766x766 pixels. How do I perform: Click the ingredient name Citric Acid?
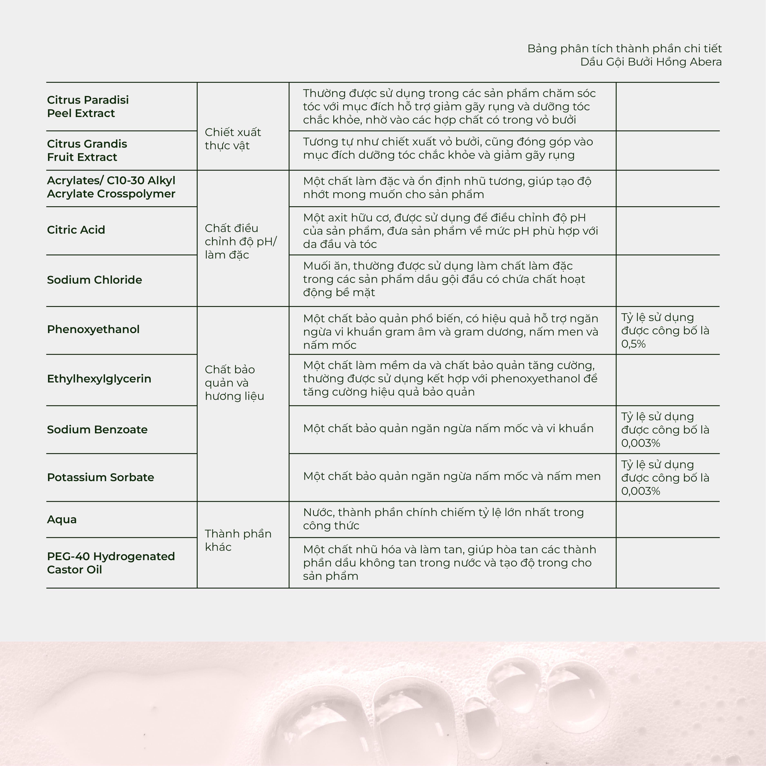point(76,230)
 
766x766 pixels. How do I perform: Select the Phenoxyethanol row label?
point(93,329)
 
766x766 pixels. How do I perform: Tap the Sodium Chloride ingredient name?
point(94,280)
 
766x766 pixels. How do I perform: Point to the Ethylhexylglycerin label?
point(99,379)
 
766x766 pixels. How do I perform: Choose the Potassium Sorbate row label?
point(100,477)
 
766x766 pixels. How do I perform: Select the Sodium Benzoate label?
point(97,430)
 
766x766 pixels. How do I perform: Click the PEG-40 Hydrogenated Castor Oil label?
point(111,563)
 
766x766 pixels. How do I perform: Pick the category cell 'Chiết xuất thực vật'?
point(233,139)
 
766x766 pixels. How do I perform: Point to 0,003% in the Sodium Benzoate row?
point(640,443)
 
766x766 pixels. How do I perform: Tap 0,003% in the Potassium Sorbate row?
point(640,491)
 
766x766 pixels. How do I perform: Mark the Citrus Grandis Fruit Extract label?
point(87,151)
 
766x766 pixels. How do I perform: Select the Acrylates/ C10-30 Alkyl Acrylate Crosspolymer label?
point(111,187)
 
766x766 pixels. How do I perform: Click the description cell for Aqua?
point(443,519)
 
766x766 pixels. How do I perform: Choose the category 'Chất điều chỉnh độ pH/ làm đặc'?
point(241,241)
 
